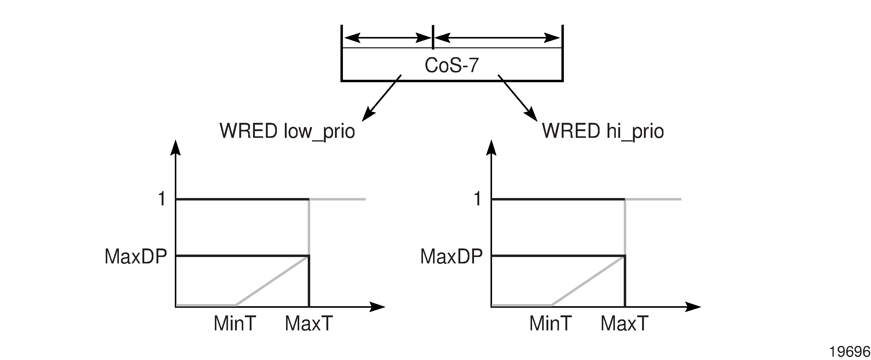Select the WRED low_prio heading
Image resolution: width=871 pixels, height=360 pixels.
pyautogui.click(x=287, y=131)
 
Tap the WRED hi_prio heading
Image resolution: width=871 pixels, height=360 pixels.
pyautogui.click(x=603, y=131)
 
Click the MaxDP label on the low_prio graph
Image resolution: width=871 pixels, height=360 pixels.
pyautogui.click(x=136, y=257)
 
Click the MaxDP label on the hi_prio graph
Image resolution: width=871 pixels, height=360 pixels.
pyautogui.click(x=451, y=257)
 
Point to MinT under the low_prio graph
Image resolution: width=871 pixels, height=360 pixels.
pyautogui.click(x=235, y=324)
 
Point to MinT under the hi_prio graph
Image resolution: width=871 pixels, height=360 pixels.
pyautogui.click(x=550, y=324)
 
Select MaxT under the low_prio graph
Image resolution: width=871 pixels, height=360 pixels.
pyautogui.click(x=309, y=324)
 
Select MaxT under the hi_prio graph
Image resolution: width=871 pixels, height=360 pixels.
pyautogui.click(x=624, y=324)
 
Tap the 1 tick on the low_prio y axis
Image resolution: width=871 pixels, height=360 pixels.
pyautogui.click(x=162, y=198)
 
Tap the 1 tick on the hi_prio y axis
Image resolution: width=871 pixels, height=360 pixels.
pyautogui.click(x=477, y=198)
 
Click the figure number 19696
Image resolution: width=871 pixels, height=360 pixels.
pyautogui.click(x=849, y=352)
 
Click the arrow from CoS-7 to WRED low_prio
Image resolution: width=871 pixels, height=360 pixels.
pyautogui.click(x=381, y=98)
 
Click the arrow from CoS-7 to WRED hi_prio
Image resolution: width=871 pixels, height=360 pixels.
pyautogui.click(x=518, y=98)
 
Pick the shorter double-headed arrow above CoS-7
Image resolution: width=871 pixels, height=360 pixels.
pyautogui.click(x=388, y=38)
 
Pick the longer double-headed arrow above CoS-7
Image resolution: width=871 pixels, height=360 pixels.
pyautogui.click(x=497, y=38)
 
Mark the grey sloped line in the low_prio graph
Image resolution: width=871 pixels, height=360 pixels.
pyautogui.click(x=272, y=281)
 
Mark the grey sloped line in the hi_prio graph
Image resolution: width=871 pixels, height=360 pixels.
pyautogui.click(x=588, y=281)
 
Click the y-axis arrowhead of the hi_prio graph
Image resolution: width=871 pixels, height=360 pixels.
pyautogui.click(x=491, y=147)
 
